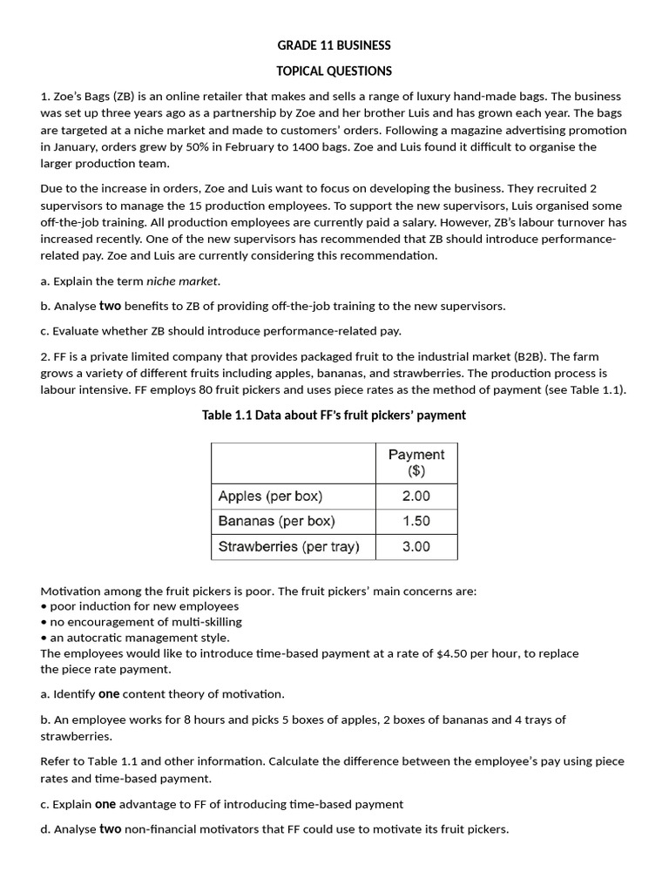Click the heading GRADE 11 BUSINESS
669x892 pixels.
pos(334,45)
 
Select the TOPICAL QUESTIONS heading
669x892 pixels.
pos(334,71)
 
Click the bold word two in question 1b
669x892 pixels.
pos(110,306)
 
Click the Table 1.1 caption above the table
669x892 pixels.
pos(334,416)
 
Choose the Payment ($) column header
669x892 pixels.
pos(416,463)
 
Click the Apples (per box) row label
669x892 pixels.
pos(270,496)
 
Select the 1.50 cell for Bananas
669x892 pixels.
pos(416,521)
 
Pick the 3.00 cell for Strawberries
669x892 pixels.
pos(416,546)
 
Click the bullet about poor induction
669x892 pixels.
pos(139,605)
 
